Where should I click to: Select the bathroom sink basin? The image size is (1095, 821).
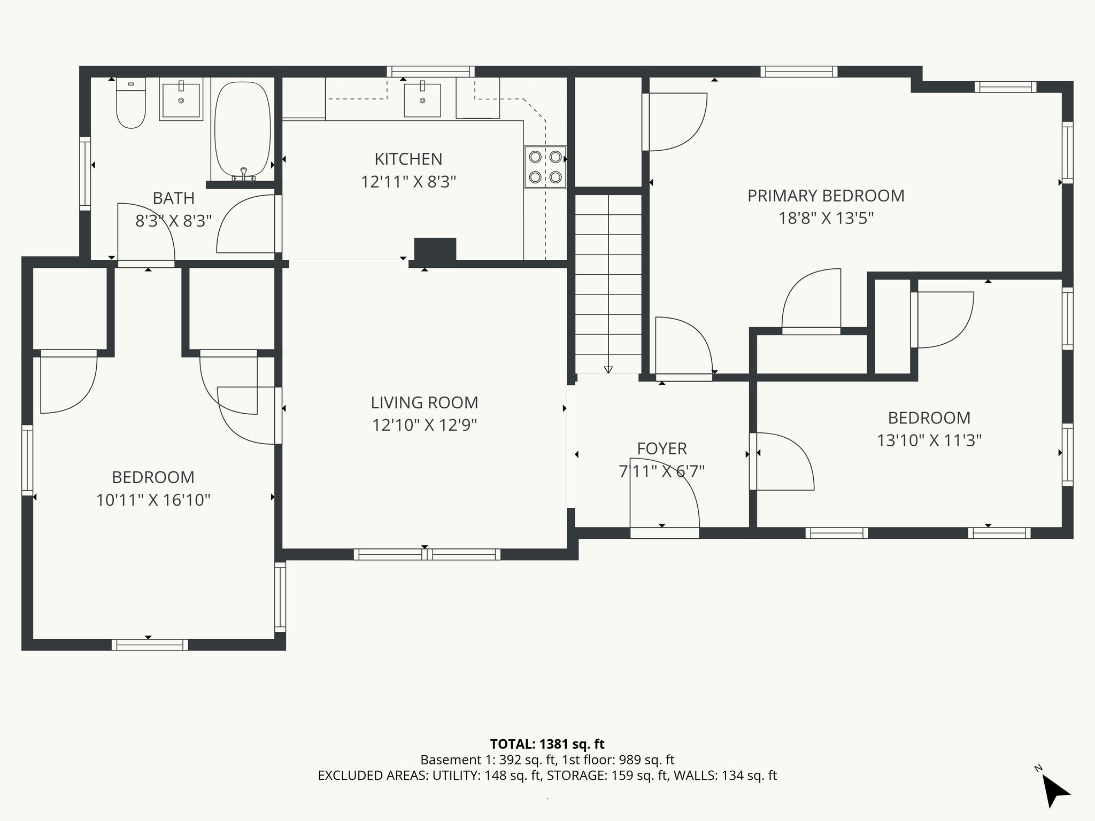181,99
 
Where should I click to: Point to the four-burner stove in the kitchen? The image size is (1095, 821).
545,167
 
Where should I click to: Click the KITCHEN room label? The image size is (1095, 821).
408,159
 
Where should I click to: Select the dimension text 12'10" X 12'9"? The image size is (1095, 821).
425,425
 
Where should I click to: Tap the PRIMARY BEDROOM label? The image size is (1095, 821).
826,196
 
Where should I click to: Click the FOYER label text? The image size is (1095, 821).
661,448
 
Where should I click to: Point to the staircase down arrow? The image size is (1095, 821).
608,369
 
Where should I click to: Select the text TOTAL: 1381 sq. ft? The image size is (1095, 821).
547,744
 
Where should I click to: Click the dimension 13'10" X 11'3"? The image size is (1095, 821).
929,440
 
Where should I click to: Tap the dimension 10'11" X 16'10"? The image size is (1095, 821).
153,500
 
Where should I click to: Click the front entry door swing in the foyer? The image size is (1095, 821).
664,494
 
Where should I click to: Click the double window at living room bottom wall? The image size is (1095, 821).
427,554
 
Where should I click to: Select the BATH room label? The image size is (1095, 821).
173,198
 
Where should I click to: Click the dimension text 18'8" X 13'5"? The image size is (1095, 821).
826,219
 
